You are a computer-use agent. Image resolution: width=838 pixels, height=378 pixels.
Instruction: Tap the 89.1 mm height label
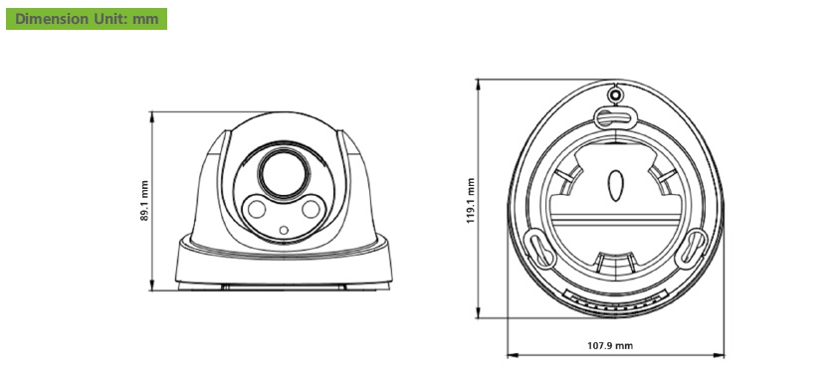click(145, 201)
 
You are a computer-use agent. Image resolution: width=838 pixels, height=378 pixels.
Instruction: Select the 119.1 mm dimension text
click(471, 201)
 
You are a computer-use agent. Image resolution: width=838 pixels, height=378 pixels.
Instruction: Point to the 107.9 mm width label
click(610, 346)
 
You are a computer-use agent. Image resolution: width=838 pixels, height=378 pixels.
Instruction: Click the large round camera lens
click(284, 173)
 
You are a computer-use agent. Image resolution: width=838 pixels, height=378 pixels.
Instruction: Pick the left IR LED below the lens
click(257, 209)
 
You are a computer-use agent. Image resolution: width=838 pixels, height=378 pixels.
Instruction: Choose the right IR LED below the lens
click(311, 209)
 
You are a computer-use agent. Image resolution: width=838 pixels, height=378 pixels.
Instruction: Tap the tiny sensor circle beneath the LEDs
click(284, 231)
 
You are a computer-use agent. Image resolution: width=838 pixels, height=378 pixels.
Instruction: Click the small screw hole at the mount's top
click(615, 95)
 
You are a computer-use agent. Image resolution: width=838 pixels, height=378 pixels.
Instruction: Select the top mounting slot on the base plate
click(615, 117)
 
